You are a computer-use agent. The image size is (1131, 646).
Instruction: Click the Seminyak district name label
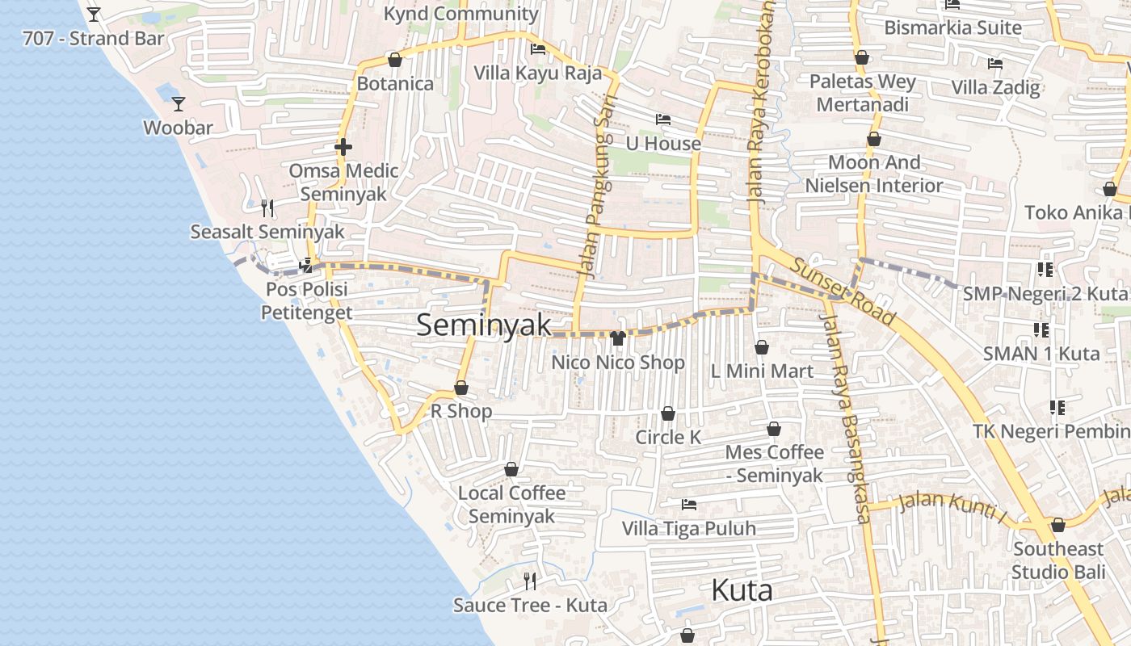484,325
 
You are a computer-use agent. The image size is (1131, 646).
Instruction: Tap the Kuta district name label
742,590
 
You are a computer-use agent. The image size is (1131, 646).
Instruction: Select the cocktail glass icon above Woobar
179,104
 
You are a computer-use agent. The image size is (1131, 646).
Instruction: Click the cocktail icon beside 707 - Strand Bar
94,15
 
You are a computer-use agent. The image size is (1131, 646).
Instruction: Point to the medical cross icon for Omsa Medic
343,147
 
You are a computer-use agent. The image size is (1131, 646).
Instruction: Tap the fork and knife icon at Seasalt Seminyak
268,208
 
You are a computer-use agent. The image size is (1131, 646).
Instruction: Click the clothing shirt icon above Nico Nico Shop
618,338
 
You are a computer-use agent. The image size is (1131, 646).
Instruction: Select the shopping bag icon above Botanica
395,60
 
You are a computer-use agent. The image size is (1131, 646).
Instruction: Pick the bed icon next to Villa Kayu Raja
538,49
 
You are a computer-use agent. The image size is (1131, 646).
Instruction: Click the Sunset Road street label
843,291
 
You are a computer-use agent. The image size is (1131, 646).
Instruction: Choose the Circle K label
668,437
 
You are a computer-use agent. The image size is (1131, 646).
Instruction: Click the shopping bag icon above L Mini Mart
762,347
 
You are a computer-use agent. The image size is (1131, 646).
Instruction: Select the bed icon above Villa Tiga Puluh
689,505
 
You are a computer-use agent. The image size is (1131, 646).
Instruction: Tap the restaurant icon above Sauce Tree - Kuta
530,581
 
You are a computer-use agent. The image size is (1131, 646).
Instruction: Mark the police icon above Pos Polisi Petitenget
306,265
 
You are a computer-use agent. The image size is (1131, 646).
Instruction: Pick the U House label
663,144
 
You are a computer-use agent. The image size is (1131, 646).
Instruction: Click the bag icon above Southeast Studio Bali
1058,526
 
